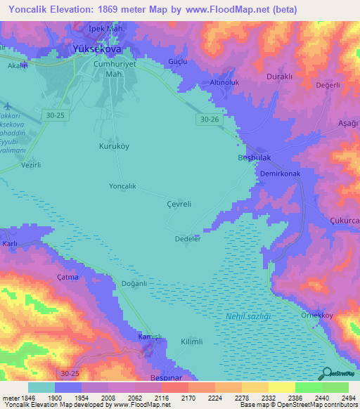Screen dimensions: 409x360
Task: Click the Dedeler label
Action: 188,239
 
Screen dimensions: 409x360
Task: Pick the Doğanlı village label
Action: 134,283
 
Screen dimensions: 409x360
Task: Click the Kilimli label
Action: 192,341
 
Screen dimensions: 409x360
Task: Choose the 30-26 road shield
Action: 205,120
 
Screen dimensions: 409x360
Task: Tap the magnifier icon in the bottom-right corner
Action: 326,373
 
